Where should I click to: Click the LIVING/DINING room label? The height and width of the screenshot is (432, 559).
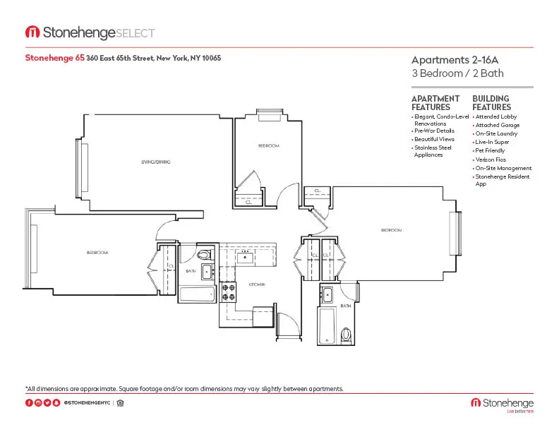click(x=155, y=162)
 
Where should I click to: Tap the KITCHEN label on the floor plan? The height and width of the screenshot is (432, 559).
click(x=256, y=284)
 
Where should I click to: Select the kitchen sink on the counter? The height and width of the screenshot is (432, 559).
click(x=246, y=256)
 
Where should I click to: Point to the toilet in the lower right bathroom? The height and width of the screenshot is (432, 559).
click(x=347, y=333)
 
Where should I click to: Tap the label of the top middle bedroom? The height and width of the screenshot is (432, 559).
click(x=268, y=145)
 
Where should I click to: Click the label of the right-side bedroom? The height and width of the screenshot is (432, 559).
click(x=391, y=230)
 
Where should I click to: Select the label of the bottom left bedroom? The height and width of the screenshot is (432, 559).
click(x=97, y=252)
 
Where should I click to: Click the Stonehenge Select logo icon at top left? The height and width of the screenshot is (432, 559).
click(x=32, y=32)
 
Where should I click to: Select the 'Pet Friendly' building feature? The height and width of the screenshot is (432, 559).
click(x=490, y=151)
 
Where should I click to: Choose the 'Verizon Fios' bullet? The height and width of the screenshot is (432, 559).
click(x=490, y=160)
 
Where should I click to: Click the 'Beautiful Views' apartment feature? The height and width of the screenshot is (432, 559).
click(x=433, y=139)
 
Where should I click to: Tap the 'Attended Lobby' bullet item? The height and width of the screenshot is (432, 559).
click(x=496, y=116)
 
